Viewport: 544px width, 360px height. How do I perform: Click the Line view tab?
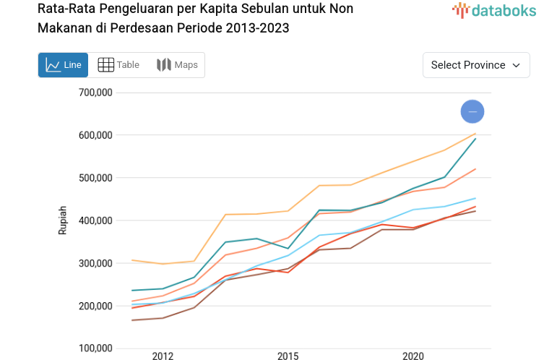coord(63,65)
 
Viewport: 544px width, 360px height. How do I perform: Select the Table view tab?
coord(118,65)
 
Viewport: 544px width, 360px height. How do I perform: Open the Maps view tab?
coord(177,65)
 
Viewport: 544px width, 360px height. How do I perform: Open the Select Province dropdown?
coord(476,65)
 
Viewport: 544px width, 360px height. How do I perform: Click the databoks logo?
coord(494,10)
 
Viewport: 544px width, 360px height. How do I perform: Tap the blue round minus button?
coord(472,111)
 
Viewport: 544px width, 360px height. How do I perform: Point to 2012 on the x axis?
coord(163,356)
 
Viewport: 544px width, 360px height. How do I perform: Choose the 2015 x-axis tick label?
coord(288,356)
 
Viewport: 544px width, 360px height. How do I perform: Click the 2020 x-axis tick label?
coord(413,356)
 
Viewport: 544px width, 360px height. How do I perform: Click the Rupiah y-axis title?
coord(63,220)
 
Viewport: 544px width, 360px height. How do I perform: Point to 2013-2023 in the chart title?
coord(256,28)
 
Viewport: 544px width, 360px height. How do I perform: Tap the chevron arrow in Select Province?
coord(517,65)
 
